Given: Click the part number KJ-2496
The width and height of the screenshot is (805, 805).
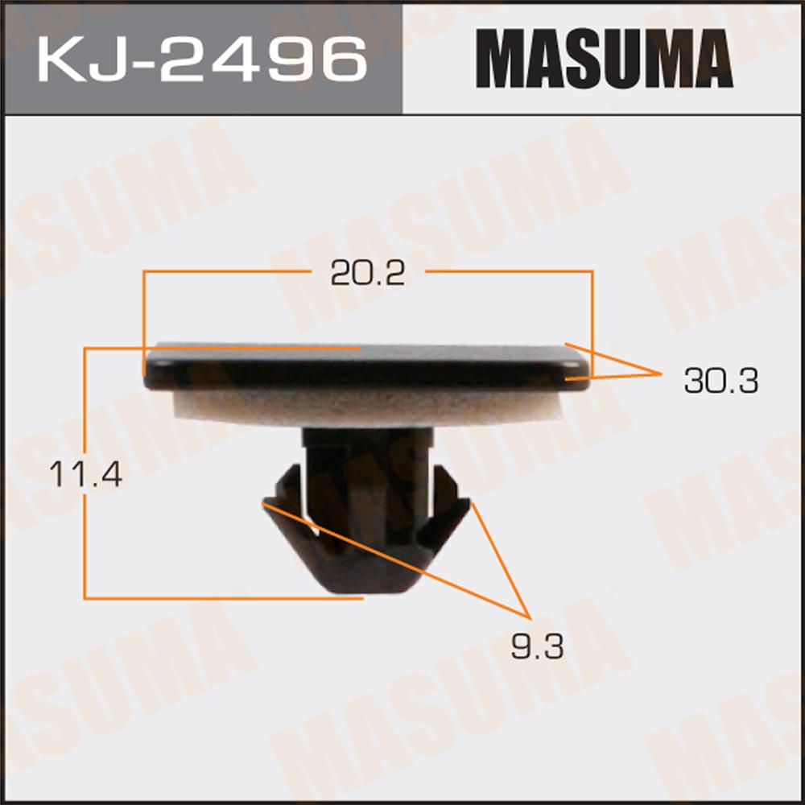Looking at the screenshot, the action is (x=202, y=59).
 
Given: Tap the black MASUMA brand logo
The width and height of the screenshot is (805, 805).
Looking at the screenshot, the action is (x=605, y=59).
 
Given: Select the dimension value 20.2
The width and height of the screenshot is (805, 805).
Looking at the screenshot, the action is (x=368, y=273).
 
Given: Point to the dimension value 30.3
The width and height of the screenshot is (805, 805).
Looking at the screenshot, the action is (x=720, y=381).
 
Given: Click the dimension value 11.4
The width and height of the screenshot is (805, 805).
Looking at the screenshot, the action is (x=86, y=474).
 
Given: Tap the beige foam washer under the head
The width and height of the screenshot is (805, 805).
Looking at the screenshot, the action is (x=367, y=407).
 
